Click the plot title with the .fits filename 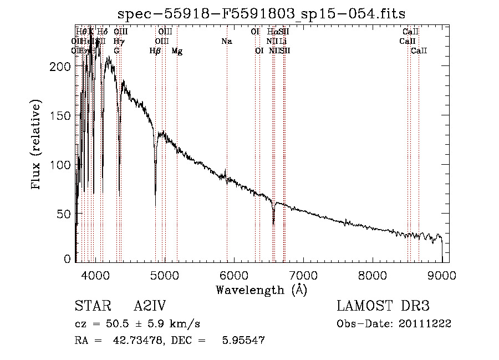tap(262, 13)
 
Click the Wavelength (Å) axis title tap(261, 290)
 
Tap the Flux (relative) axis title tap(37, 145)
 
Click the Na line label tap(226, 42)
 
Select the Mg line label tap(177, 51)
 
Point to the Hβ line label tap(155, 51)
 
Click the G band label tap(116, 51)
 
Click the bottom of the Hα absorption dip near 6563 tap(273, 224)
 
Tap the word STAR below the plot tap(89, 306)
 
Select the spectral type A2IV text tap(150, 306)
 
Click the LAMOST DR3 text tap(383, 306)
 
